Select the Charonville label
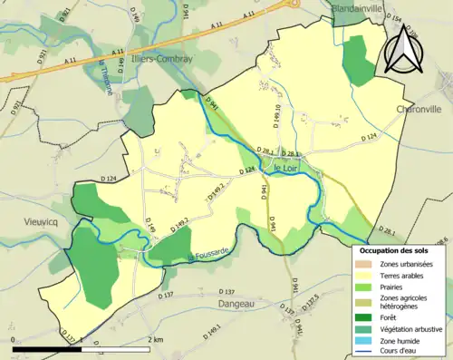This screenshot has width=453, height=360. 418,109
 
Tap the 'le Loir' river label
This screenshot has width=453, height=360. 285,166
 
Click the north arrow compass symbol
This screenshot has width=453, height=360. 403,50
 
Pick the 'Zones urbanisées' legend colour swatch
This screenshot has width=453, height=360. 365,264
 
